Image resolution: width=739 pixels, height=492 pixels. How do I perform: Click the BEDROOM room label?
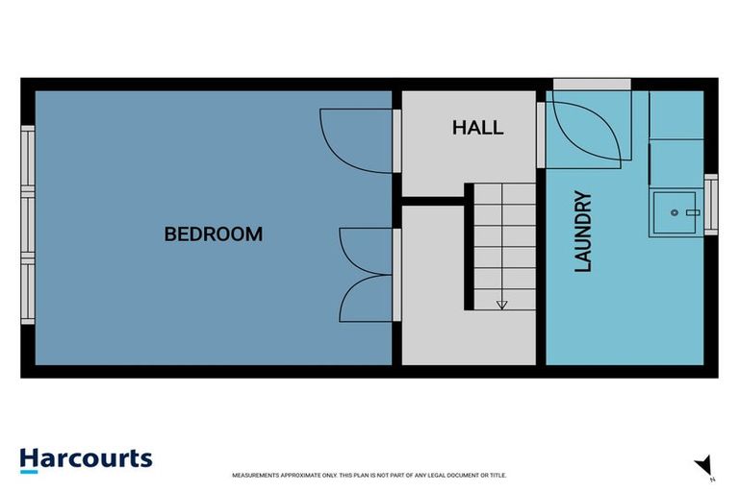[213, 234]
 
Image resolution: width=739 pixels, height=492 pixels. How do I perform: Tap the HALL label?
[477, 127]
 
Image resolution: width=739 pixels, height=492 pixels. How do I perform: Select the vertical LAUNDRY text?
[583, 232]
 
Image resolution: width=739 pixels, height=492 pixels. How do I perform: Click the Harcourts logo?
[86, 458]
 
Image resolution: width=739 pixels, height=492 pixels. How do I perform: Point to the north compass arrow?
[703, 464]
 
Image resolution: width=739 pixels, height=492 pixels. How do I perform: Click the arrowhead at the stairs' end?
[501, 306]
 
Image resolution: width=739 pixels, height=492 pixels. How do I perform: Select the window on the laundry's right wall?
[711, 204]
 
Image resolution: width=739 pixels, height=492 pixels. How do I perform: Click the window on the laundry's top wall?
[592, 85]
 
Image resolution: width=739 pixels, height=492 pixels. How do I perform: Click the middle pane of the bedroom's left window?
[28, 228]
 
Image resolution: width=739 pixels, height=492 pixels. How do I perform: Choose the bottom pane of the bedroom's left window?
[28, 294]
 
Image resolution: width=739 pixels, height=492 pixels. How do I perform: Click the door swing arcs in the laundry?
[587, 132]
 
